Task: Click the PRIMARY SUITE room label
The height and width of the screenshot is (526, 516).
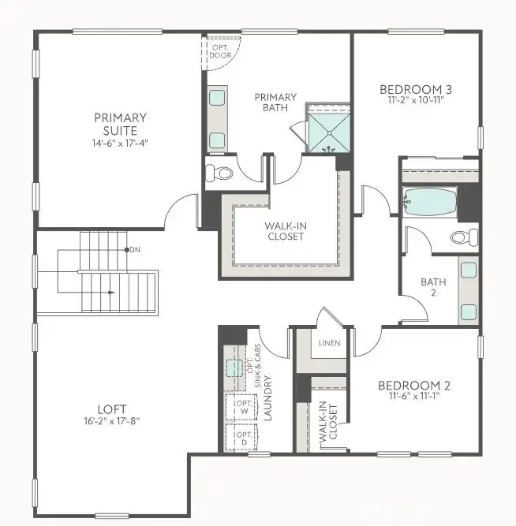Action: coord(120,124)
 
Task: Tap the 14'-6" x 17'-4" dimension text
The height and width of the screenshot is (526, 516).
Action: coord(120,144)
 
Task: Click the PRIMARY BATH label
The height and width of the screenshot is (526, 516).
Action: coord(275,103)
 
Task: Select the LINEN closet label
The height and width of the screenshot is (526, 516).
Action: coord(329,344)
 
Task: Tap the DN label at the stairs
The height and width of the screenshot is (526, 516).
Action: coord(135,249)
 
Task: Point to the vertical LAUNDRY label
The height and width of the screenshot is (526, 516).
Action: coord(267,399)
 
